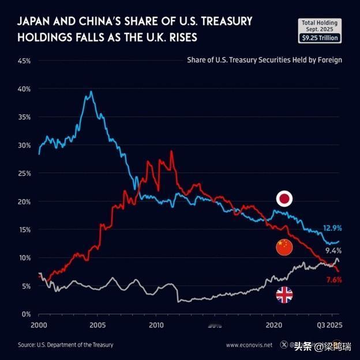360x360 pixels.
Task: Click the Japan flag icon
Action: pos(284,200)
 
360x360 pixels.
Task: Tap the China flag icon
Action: pos(284,247)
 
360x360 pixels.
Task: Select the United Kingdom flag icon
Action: pos(284,295)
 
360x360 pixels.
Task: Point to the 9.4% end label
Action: pos(333,251)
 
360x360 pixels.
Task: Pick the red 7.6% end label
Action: pos(333,280)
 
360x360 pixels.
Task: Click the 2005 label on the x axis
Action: pos(97,326)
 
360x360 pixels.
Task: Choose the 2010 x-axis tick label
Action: pos(156,326)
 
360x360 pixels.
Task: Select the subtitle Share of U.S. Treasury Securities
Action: pos(264,59)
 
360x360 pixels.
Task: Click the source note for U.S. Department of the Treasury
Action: pos(65,345)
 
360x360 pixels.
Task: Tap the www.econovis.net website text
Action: pos(249,345)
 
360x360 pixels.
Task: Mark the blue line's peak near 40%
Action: pos(91,92)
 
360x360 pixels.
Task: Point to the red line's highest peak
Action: pos(171,151)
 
